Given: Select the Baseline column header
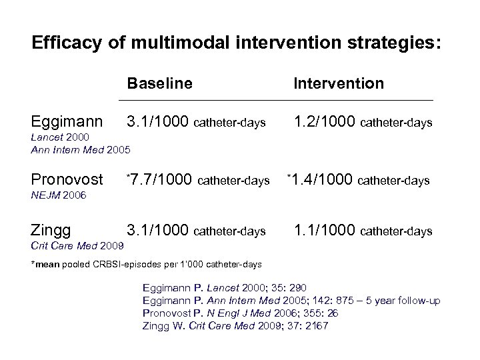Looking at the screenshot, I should point(159,83).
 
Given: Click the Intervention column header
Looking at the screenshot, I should point(339,83).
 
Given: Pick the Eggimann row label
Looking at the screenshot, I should point(67,122).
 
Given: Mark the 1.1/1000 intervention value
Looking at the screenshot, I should point(324,231).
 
